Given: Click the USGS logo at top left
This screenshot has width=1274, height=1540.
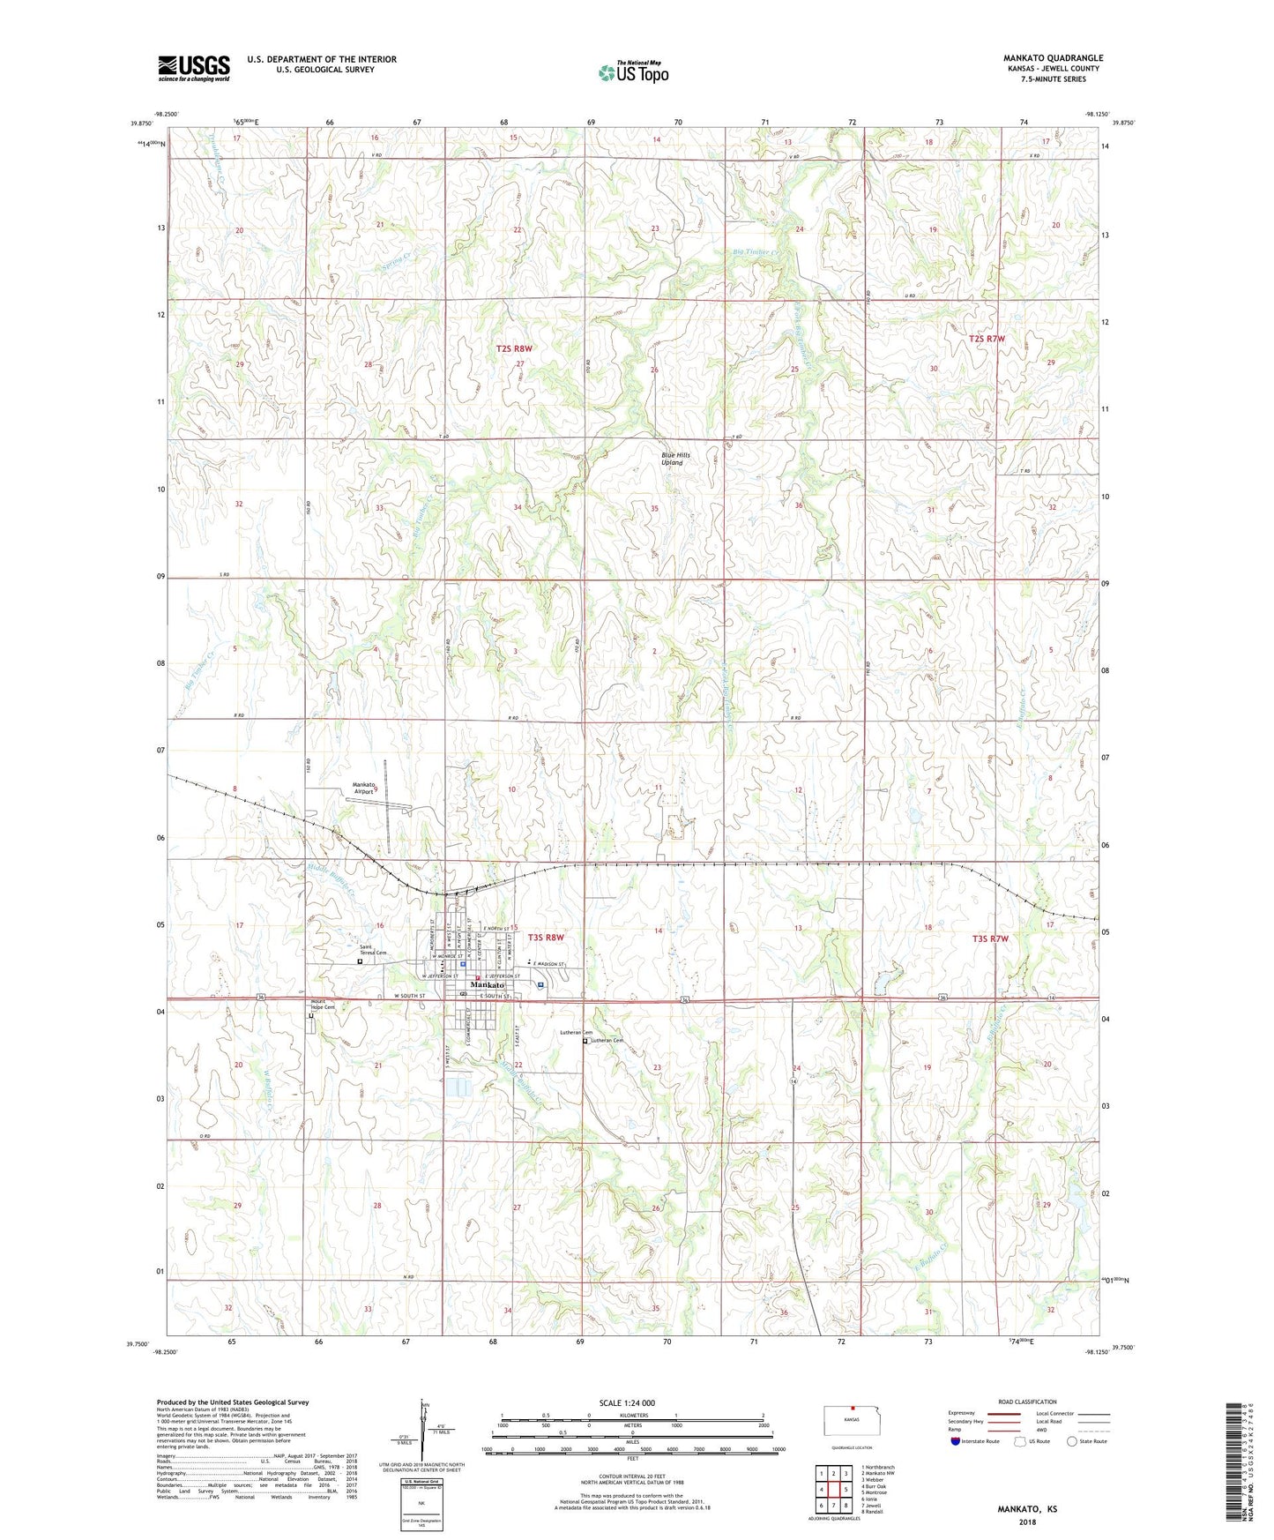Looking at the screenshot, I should (x=193, y=67).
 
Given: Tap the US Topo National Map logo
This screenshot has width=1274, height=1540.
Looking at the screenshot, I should (x=633, y=71).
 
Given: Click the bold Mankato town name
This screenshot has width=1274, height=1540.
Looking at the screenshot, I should (x=488, y=985).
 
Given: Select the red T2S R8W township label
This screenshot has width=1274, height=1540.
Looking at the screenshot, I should (x=515, y=349).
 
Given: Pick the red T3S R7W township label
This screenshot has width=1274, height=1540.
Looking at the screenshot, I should (x=989, y=939).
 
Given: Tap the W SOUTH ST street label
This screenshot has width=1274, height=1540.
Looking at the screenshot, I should (x=409, y=996).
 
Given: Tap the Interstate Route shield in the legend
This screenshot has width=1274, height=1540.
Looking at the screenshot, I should (x=957, y=1441).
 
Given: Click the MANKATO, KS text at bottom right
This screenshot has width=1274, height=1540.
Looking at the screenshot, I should (x=1027, y=1509).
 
